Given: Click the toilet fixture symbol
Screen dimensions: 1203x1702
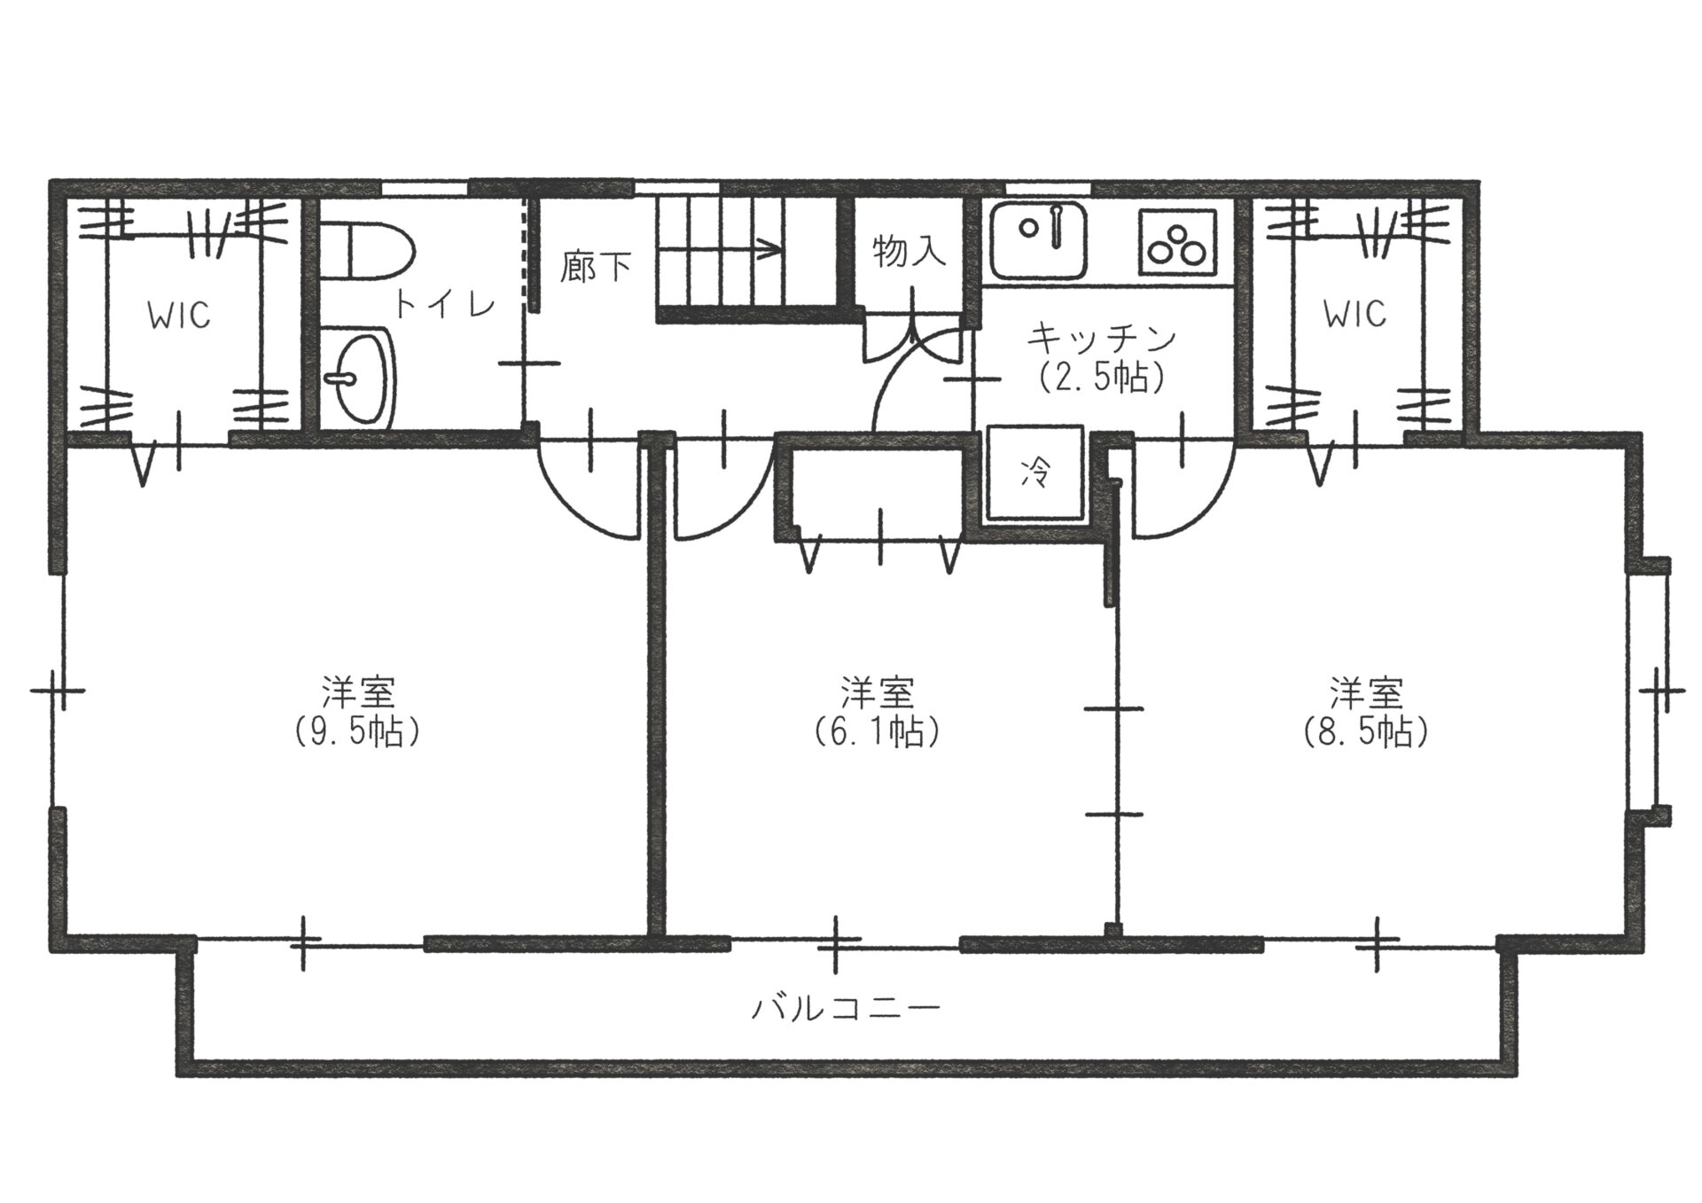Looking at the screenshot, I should tap(365, 251).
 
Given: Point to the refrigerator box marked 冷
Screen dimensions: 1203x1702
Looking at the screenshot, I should tap(1035, 473).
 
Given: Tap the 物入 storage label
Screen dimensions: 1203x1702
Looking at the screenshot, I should tap(909, 252).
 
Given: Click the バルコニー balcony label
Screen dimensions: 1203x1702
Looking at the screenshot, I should tap(845, 1008).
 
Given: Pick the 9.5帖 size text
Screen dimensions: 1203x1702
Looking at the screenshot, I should tap(357, 732).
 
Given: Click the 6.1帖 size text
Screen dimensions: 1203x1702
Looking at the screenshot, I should tap(877, 732).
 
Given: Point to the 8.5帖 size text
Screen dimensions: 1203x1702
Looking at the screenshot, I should tap(1365, 732).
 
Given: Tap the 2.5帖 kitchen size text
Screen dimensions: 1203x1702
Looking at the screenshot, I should tap(1101, 378).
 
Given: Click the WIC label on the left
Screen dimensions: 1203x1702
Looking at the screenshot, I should tap(179, 315).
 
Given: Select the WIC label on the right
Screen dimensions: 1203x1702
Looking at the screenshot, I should tap(1355, 313).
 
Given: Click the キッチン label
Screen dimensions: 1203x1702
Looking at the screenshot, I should tap(1101, 339).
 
